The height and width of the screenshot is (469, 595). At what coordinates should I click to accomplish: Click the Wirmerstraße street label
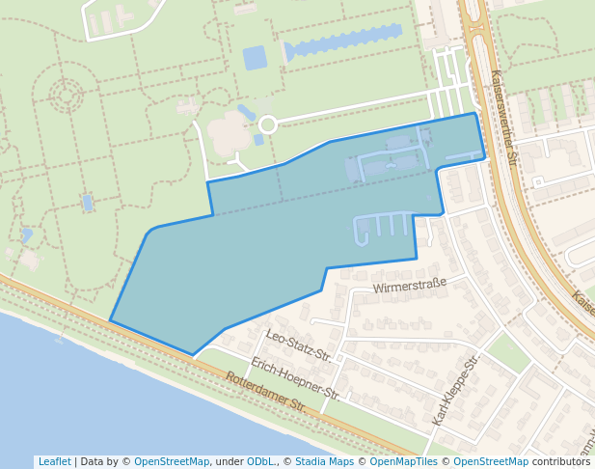pyautogui.click(x=410, y=285)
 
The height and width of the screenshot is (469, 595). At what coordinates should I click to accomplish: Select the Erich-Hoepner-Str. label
pyautogui.click(x=295, y=378)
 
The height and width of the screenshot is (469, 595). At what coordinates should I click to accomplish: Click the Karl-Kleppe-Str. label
pyautogui.click(x=456, y=389)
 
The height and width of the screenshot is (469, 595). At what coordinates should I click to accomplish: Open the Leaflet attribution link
pyautogui.click(x=54, y=462)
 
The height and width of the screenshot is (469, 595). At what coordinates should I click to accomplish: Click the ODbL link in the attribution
pyautogui.click(x=259, y=462)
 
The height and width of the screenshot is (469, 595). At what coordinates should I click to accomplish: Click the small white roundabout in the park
pyautogui.click(x=267, y=124)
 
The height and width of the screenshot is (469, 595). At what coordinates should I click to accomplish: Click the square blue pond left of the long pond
pyautogui.click(x=255, y=58)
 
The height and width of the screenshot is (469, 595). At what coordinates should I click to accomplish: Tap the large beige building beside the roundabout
pyautogui.click(x=230, y=133)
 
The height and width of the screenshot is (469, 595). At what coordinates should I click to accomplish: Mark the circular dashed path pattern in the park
pyautogui.click(x=67, y=95)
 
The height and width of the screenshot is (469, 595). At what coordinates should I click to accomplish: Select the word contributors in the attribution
pyautogui.click(x=561, y=462)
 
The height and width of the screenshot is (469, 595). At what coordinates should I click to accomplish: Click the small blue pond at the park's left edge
pyautogui.click(x=88, y=203)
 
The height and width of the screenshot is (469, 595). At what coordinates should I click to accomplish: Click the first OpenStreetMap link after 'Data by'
pyautogui.click(x=172, y=462)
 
